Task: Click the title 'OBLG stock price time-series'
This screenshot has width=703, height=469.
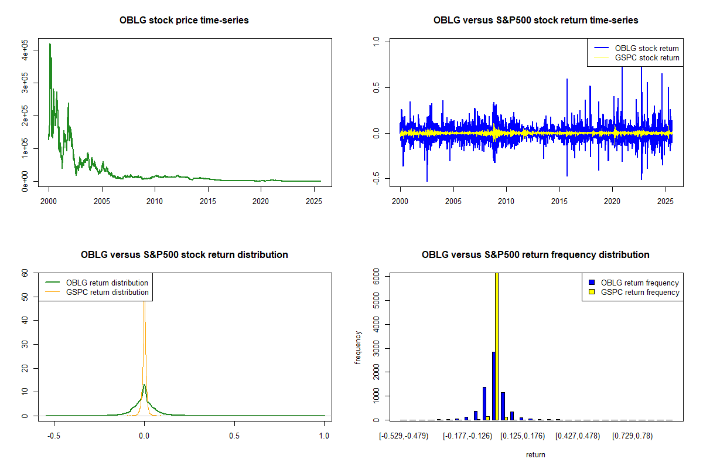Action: (x=184, y=21)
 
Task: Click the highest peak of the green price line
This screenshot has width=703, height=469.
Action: (x=50, y=44)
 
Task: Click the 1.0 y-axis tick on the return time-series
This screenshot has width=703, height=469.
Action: (x=376, y=41)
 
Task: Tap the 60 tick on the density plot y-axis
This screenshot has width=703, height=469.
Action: (x=25, y=273)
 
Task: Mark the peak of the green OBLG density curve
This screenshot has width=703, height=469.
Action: (x=144, y=385)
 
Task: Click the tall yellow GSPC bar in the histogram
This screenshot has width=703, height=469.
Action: (x=497, y=346)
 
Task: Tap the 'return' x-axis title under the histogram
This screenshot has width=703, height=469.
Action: (x=535, y=454)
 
